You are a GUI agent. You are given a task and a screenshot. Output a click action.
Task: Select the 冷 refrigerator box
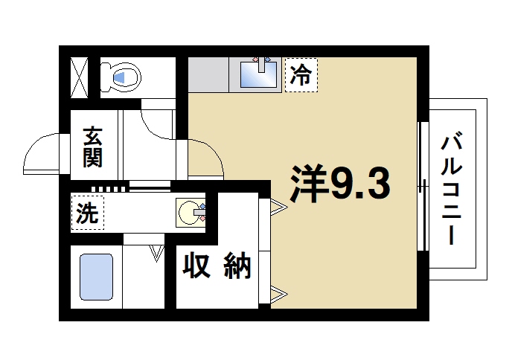301,75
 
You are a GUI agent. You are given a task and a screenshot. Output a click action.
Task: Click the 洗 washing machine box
88,213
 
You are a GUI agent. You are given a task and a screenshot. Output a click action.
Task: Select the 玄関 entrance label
93,148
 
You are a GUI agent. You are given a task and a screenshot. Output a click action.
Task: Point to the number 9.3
360,183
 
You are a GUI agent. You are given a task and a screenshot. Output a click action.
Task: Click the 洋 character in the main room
308,183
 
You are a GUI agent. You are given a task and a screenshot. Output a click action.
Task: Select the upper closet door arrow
278,206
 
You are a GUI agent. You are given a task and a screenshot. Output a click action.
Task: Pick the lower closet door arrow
278,295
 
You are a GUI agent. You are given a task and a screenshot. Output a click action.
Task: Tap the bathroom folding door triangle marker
156,252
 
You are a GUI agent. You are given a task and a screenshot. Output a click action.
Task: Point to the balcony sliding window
423,186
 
